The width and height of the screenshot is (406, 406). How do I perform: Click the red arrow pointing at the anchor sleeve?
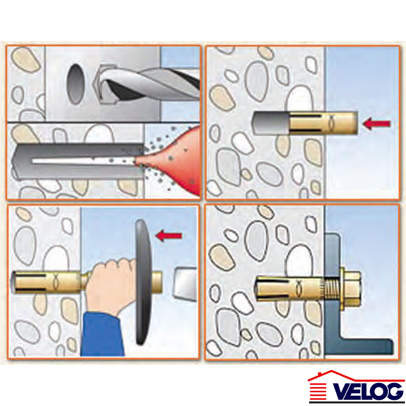[377, 123]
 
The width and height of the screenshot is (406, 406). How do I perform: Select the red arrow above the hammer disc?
[168, 235]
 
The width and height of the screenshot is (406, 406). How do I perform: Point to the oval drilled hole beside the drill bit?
[76, 84]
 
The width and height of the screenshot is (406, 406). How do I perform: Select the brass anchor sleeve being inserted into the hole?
[323, 123]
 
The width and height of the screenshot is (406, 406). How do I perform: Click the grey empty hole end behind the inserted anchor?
[270, 123]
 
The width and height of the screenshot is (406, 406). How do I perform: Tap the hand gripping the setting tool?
[112, 285]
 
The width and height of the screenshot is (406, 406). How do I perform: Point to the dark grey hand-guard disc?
[143, 282]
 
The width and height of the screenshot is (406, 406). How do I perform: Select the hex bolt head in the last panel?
[352, 287]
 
